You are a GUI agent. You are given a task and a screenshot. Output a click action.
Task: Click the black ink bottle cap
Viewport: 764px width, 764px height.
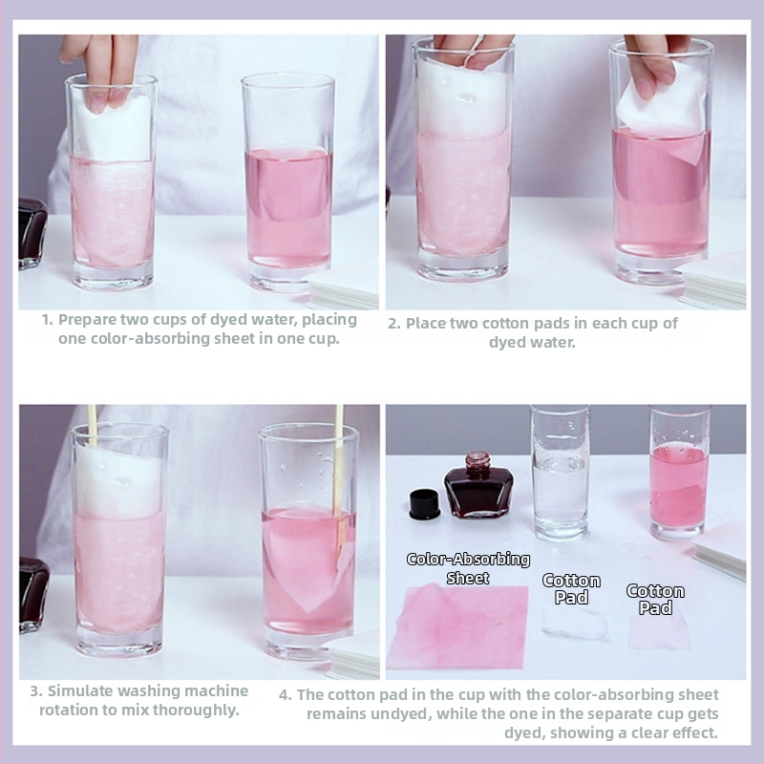coord(424,504)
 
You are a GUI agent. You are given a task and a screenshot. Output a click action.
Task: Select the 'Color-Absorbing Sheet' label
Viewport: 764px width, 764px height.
coord(468,568)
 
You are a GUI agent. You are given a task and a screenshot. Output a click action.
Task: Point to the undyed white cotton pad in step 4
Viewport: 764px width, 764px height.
coord(575,625)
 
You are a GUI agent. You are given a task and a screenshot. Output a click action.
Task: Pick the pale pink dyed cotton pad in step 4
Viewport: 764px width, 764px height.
coord(659,632)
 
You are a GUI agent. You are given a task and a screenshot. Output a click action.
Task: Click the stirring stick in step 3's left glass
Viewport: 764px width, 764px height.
coord(92,425)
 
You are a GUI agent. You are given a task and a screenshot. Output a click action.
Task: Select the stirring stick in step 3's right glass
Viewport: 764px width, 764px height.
coord(338,482)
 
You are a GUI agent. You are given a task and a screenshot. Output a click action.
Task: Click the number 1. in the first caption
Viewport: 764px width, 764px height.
coord(47,320)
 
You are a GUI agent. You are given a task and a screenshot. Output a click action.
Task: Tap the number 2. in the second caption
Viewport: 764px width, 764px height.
coord(394,324)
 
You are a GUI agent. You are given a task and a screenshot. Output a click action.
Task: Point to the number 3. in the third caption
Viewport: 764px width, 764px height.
coord(36,690)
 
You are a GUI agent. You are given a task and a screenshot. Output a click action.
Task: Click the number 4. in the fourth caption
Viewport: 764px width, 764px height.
coord(285,695)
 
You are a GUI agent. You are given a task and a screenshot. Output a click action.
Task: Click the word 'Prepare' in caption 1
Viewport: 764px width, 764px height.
coord(87,320)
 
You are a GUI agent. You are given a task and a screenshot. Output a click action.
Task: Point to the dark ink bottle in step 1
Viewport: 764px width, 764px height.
coord(32,233)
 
